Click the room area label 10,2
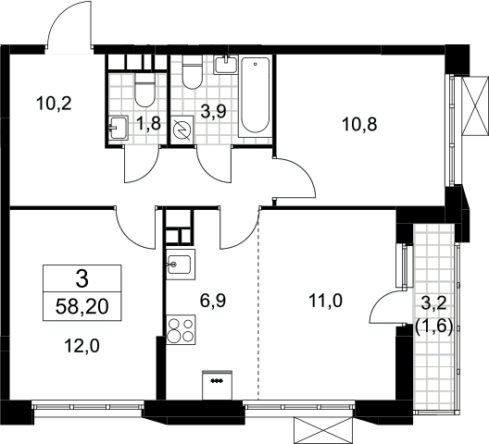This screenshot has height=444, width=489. (54, 104)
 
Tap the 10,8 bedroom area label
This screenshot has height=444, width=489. (359, 124)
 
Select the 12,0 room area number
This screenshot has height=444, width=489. (82, 346)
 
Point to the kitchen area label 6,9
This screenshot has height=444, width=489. (213, 302)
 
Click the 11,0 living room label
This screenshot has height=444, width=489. (326, 301)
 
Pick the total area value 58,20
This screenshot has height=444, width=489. (82, 307)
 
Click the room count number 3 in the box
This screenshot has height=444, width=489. (82, 278)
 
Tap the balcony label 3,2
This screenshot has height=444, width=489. (434, 304)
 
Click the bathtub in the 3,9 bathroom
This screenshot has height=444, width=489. (255, 96)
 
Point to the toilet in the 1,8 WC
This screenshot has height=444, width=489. (144, 90)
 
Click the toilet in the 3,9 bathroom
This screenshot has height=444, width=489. (192, 72)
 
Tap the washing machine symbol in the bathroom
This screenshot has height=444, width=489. (182, 129)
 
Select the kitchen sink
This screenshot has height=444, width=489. (181, 265)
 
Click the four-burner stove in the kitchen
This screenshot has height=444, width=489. (181, 329)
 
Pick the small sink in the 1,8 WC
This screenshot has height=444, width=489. (119, 128)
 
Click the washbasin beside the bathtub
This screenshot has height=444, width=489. (225, 65)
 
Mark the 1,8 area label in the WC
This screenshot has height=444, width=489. (148, 124)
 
